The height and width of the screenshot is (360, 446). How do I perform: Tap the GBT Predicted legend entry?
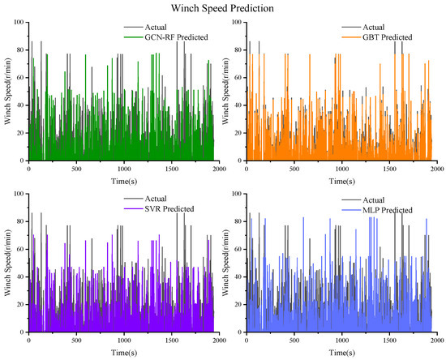(x=385, y=37)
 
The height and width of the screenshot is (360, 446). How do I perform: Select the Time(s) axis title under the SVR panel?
(x=122, y=353)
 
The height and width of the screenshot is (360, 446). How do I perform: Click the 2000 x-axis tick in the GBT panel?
(x=435, y=168)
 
